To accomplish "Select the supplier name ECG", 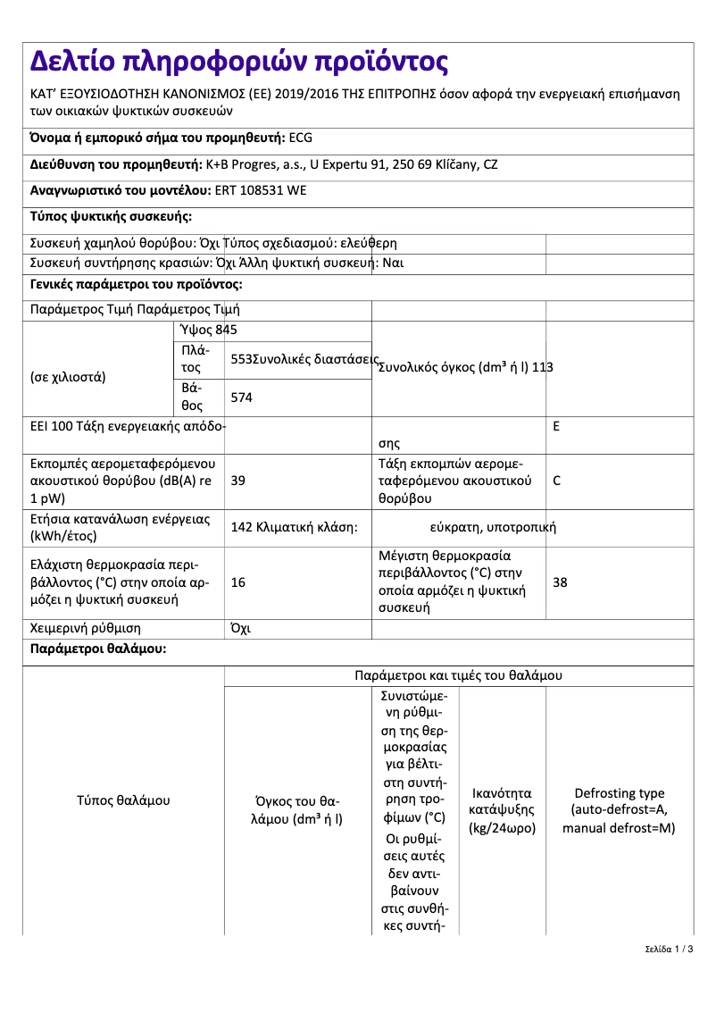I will pos(301,138).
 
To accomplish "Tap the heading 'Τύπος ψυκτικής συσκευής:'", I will pos(111,216).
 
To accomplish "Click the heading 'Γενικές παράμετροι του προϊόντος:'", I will pos(136,285).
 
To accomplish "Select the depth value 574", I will pos(242,398).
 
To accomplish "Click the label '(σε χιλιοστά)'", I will pos(68,376).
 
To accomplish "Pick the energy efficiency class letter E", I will pos(556,426).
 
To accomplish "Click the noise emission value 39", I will pos(238,481).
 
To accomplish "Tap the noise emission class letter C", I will pos(557,481).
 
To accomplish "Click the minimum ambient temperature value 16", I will pos(238,582).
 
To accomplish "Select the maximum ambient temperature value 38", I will pos(560,582).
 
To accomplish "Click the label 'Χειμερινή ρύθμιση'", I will pos(86,628).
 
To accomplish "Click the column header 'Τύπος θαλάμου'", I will pos(123,800).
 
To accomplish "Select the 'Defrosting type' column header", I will pos(619,810).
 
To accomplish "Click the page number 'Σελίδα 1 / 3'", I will pos(669,949).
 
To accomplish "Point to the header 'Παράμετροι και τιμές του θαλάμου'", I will pos(458,675).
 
